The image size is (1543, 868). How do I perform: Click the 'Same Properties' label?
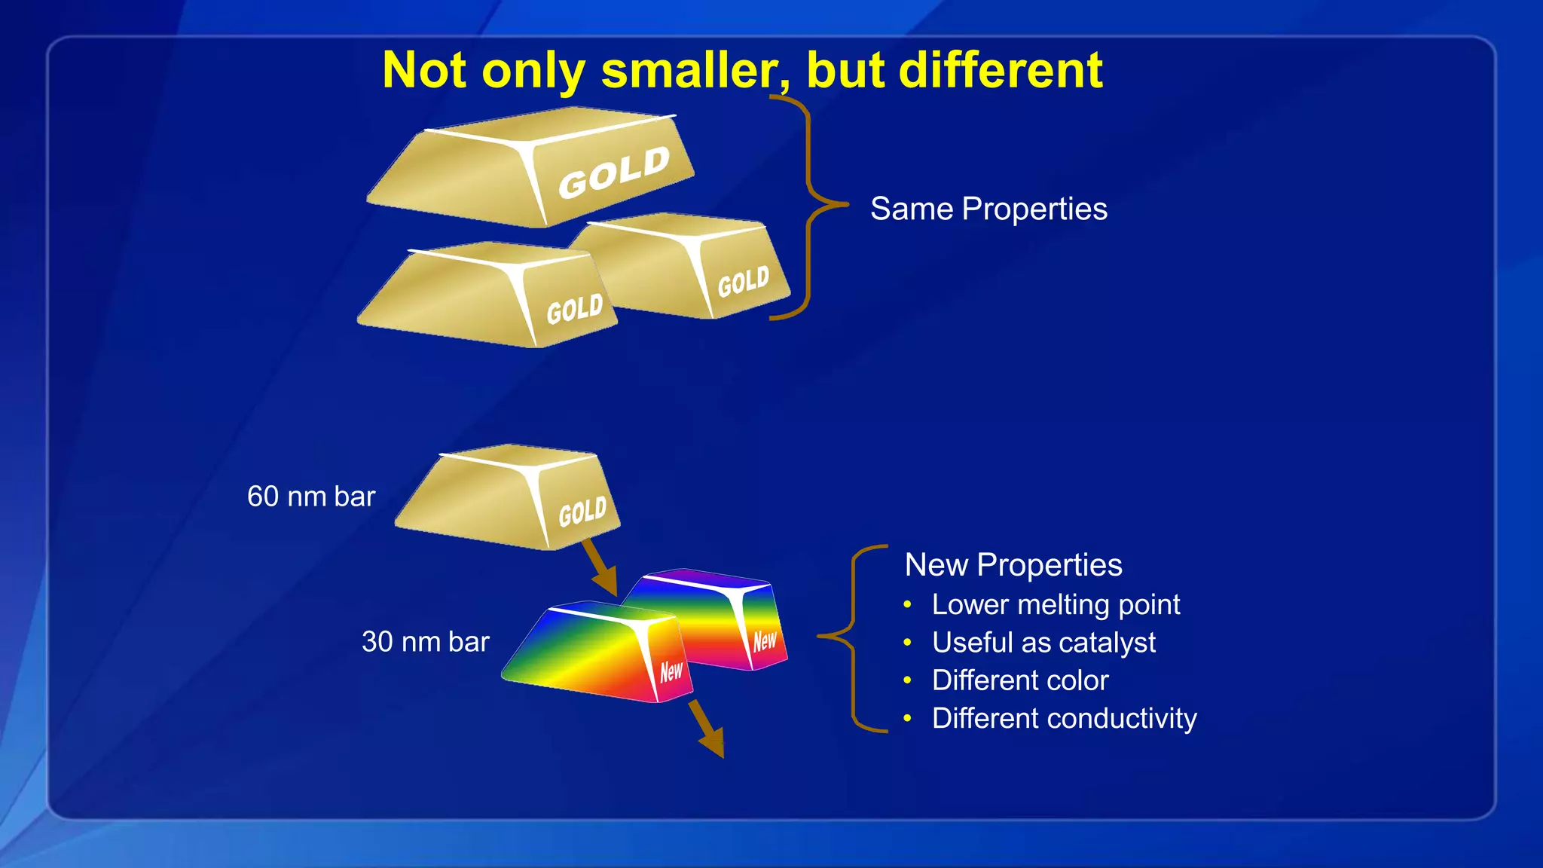click(x=988, y=209)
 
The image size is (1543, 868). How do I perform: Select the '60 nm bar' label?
click(x=311, y=497)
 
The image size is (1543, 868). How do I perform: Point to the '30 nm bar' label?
click(x=426, y=642)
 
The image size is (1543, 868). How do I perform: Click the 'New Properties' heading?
click(x=1013, y=565)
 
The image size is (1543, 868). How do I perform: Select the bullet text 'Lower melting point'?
click(x=1056, y=605)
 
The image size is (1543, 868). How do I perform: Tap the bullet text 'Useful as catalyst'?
click(x=1043, y=643)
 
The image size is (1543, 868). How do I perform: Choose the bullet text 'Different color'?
click(x=1020, y=680)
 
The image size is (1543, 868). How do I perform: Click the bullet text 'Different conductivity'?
click(x=1064, y=719)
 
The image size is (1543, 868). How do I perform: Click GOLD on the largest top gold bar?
click(x=613, y=173)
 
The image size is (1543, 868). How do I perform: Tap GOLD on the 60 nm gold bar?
click(x=582, y=512)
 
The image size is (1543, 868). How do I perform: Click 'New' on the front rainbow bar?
click(x=671, y=671)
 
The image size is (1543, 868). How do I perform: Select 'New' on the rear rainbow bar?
click(x=764, y=641)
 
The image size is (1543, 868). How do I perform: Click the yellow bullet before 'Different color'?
click(x=908, y=680)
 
